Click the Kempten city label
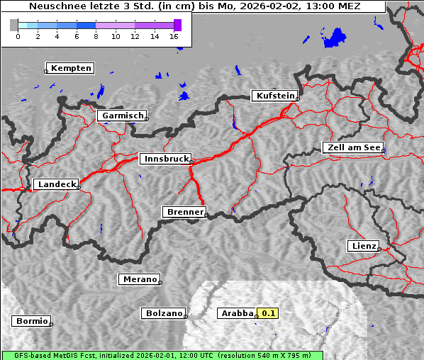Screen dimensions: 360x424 click(x=69, y=68)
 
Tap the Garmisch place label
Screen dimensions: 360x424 click(x=122, y=116)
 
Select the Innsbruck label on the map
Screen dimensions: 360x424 click(x=165, y=159)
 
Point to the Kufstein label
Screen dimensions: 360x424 click(x=274, y=96)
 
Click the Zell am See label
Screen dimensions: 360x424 click(x=352, y=147)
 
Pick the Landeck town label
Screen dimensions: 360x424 click(x=55, y=184)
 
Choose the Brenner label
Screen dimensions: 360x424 click(x=184, y=212)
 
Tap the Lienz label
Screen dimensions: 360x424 click(x=363, y=247)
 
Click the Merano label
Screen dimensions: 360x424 click(x=138, y=279)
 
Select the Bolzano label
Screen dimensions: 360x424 click(x=164, y=313)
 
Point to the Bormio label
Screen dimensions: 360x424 click(x=32, y=321)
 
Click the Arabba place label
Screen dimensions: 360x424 click(x=236, y=313)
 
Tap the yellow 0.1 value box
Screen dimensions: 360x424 click(x=269, y=313)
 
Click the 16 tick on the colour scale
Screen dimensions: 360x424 click(x=174, y=35)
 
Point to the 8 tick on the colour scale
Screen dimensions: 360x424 click(x=96, y=35)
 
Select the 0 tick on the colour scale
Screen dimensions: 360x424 click(x=18, y=35)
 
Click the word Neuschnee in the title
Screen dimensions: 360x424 click(x=57, y=6)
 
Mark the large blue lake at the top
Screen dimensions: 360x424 click(x=333, y=39)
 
